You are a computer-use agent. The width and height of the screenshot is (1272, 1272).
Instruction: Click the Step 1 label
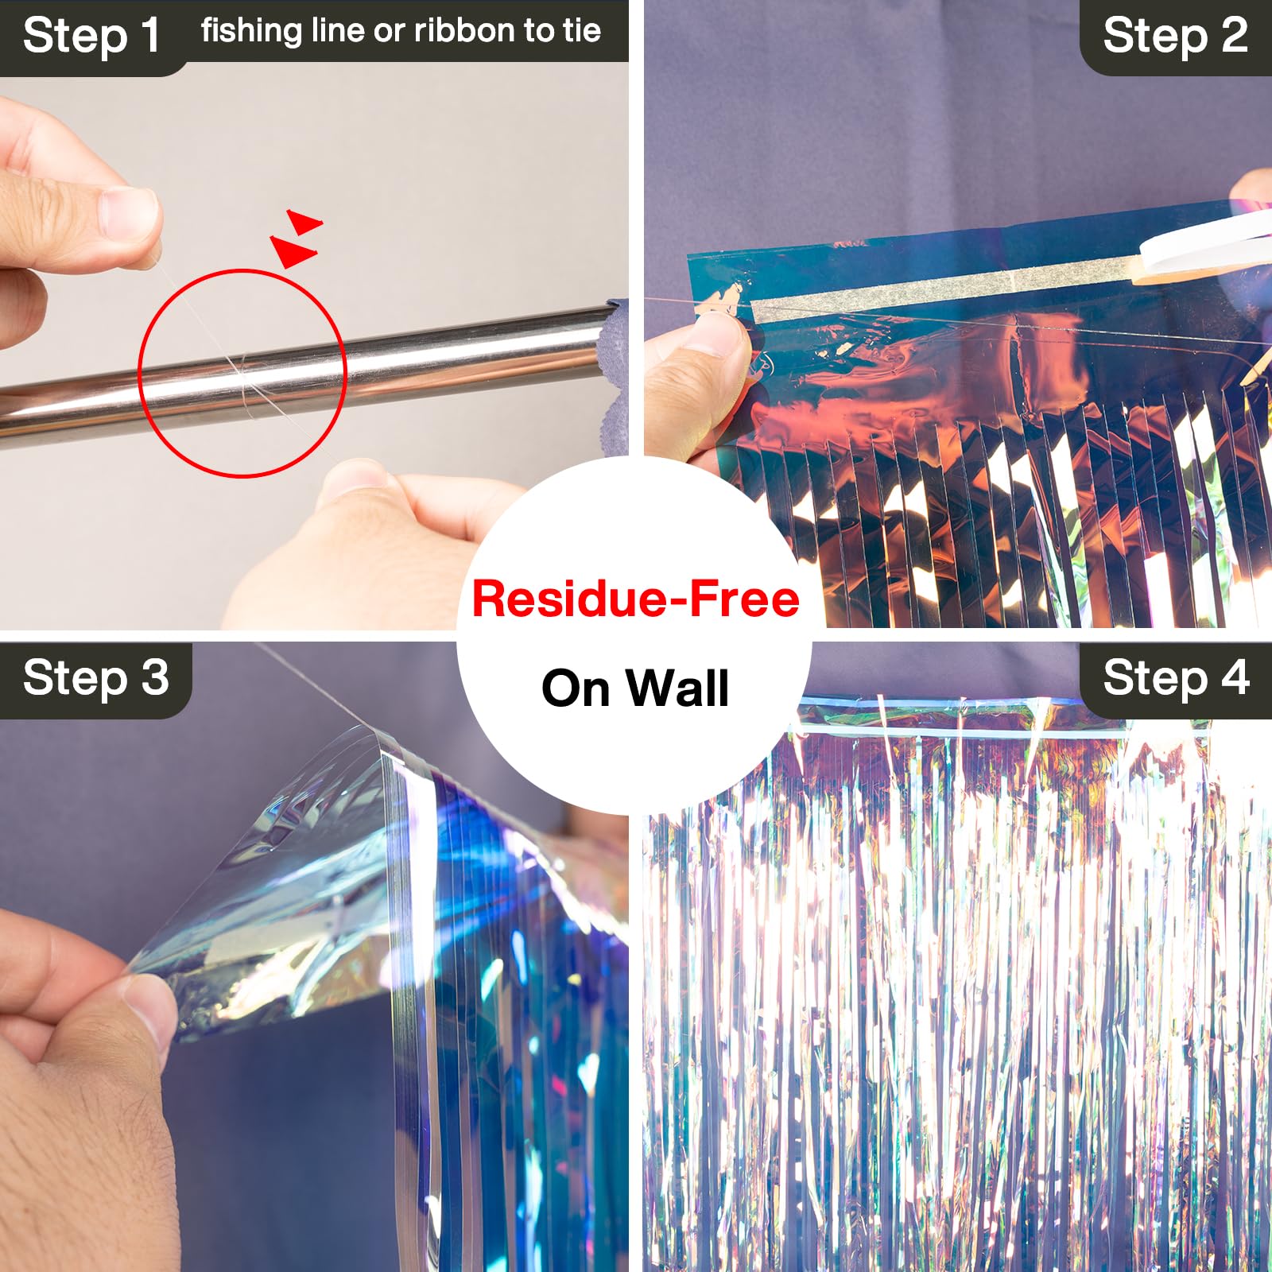click(91, 37)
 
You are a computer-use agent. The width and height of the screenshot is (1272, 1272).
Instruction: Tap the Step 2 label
click(1175, 37)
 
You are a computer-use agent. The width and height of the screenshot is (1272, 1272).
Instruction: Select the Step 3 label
click(95, 678)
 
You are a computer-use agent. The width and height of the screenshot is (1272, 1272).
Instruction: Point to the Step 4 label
click(1175, 678)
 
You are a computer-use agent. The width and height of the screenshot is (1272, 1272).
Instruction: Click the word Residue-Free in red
click(635, 599)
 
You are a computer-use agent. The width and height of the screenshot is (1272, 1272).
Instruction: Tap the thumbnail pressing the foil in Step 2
click(719, 334)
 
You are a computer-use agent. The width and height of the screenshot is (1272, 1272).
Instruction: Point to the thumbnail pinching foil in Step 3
click(147, 1006)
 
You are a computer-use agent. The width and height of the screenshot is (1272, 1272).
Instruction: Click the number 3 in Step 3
click(154, 678)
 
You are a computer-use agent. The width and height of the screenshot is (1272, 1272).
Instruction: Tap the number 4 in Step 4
click(1235, 678)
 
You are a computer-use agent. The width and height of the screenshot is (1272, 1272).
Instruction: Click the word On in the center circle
click(580, 688)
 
